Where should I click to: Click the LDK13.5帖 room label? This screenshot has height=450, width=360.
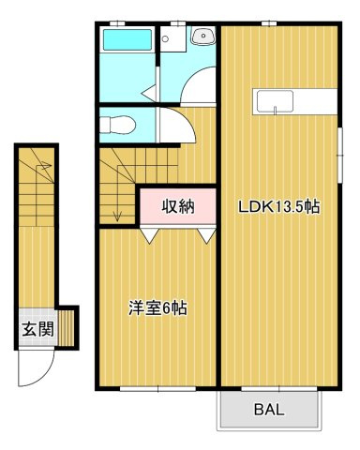[x=279, y=206]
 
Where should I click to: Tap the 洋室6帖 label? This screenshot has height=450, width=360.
[x=158, y=308]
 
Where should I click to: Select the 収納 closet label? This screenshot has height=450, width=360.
[x=178, y=206]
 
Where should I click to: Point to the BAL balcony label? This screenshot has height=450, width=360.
[x=269, y=409]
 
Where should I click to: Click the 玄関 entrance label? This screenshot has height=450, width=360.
[x=37, y=329]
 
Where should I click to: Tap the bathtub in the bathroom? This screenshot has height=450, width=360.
[x=127, y=39]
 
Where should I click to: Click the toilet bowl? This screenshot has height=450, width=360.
[x=118, y=125]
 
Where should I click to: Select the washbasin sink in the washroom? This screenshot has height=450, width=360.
[x=203, y=36]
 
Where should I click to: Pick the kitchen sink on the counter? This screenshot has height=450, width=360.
[x=275, y=102]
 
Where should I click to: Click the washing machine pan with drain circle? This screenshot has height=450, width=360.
[x=173, y=38]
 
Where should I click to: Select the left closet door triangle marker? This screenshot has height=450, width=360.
[x=150, y=235]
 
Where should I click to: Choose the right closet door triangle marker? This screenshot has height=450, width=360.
[x=206, y=235]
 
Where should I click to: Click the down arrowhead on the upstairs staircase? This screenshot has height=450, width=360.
[x=117, y=217]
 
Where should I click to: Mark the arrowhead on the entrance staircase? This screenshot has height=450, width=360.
[x=46, y=165]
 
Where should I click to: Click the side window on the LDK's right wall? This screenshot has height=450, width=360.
[x=340, y=155]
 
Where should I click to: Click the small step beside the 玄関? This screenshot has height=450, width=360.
[x=67, y=328]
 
